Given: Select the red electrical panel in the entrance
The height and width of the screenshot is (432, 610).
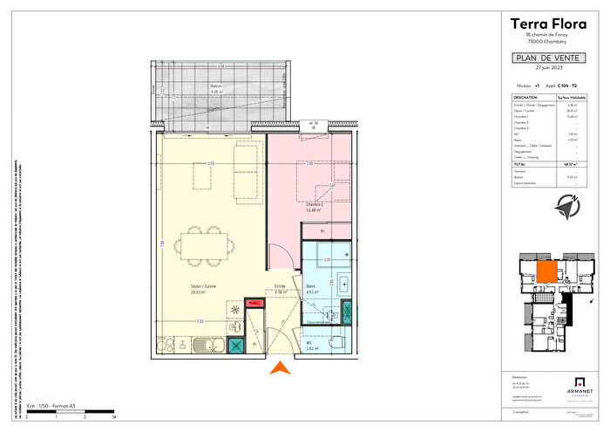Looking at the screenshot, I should (x=254, y=303).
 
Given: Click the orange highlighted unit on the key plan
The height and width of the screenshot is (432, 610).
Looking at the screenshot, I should (x=546, y=273).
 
